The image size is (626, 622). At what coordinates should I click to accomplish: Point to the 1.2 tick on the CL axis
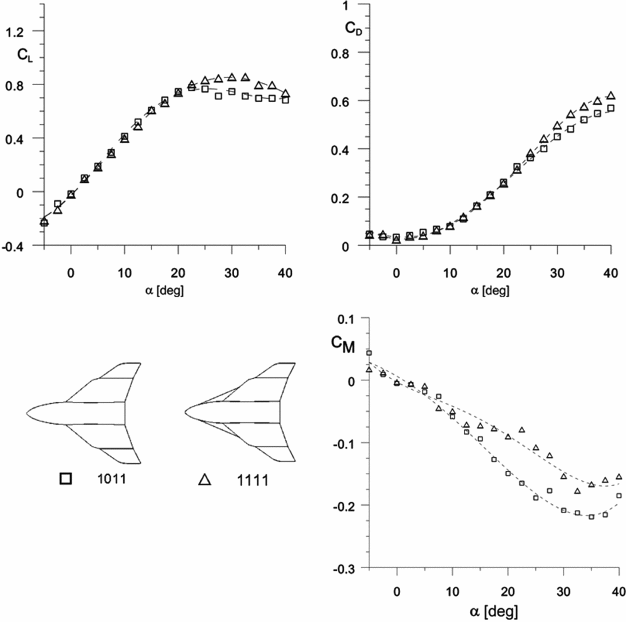[x=21, y=31]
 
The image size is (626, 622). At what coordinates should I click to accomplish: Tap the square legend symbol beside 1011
[x=66, y=479]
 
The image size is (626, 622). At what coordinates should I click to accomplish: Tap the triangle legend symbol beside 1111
[x=204, y=479]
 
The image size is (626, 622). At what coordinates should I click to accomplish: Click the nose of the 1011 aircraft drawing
[x=28, y=414]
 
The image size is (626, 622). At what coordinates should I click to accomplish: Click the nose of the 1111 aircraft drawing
[x=187, y=414]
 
